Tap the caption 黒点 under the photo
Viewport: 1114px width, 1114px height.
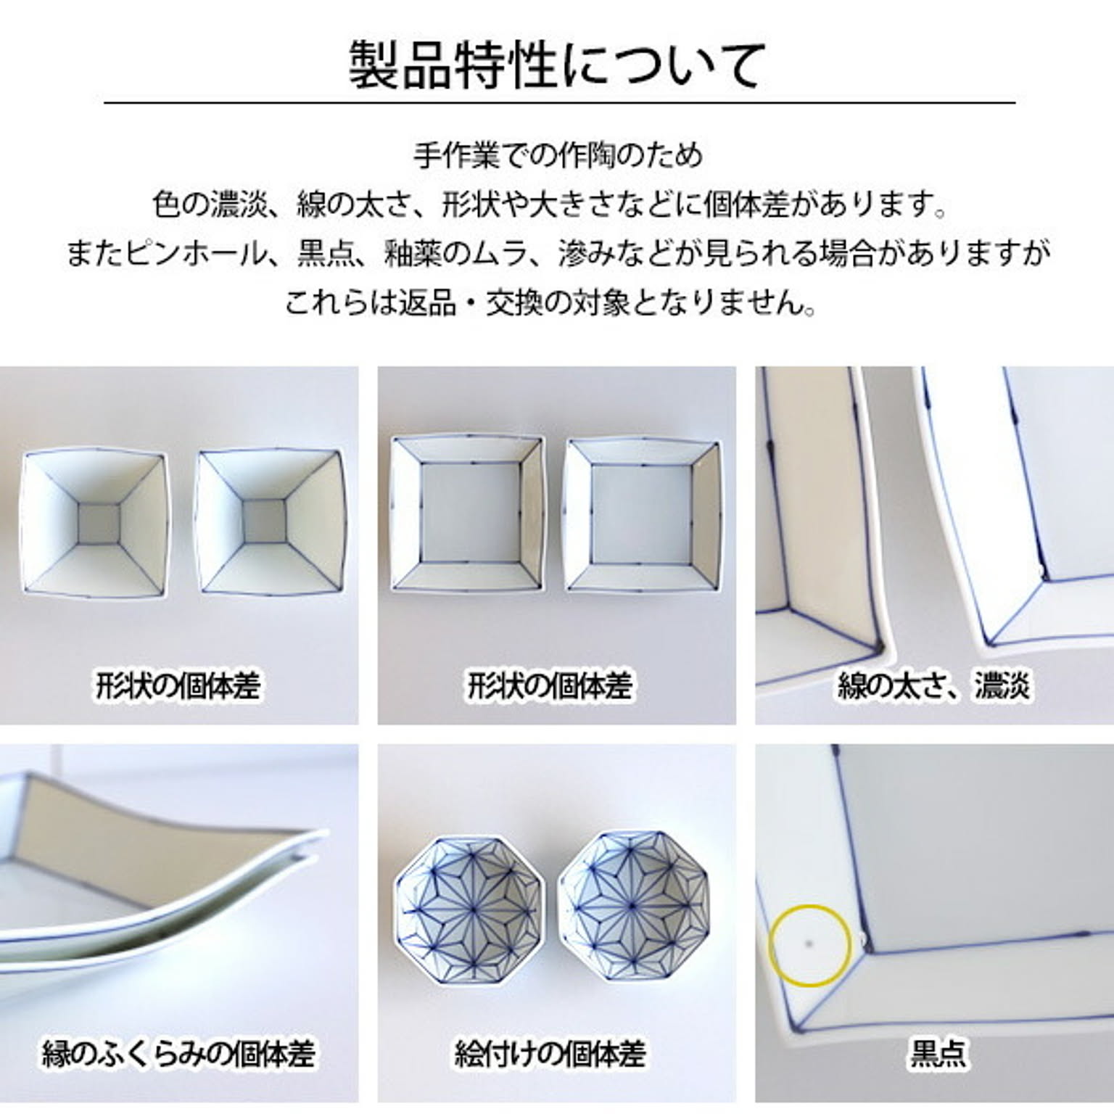point(938,1053)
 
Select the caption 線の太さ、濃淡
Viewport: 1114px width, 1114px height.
point(933,685)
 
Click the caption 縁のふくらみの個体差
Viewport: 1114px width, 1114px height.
point(178,1053)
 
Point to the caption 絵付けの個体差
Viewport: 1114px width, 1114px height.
point(550,1053)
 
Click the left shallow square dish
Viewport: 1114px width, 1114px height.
point(467,514)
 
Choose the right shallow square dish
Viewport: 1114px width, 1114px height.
point(643,514)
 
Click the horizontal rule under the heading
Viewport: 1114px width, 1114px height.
point(559,103)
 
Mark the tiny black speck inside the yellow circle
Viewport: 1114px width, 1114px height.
point(809,944)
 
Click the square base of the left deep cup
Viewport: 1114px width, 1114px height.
point(99,523)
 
